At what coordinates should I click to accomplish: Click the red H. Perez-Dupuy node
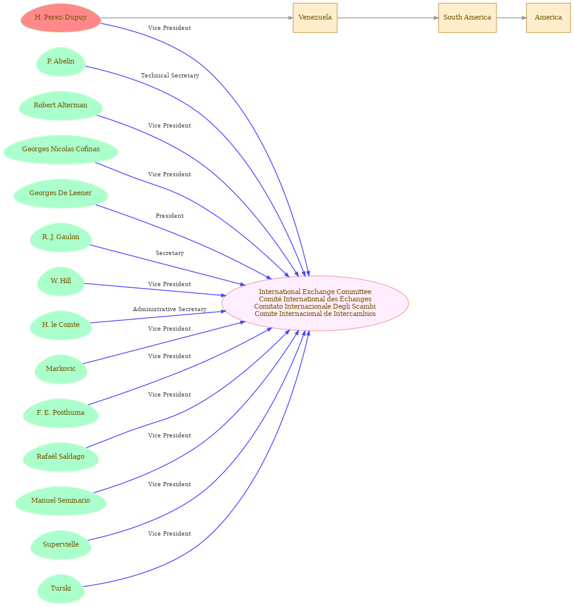click(61, 18)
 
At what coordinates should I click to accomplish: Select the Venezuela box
click(315, 18)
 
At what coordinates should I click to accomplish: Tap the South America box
click(467, 18)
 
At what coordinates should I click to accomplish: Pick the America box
click(548, 18)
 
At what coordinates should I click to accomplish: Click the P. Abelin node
click(61, 62)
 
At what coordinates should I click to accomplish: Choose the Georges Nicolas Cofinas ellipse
click(61, 149)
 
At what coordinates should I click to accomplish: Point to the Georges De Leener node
click(61, 193)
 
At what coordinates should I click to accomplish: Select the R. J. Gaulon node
click(61, 237)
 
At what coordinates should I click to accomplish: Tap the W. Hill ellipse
click(61, 281)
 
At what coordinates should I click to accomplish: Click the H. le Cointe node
click(61, 325)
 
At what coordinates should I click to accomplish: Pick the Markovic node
click(61, 369)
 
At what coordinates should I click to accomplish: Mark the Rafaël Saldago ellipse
click(61, 457)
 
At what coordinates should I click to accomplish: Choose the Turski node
click(61, 589)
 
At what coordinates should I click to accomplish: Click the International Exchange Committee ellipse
click(315, 304)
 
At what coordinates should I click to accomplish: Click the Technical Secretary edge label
click(170, 76)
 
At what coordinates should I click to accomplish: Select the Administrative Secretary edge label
click(170, 309)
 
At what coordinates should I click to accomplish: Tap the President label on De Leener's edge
click(170, 215)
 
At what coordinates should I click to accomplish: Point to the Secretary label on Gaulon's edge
click(170, 253)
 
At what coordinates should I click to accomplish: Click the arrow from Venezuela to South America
click(388, 18)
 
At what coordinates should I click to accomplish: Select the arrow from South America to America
click(512, 18)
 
